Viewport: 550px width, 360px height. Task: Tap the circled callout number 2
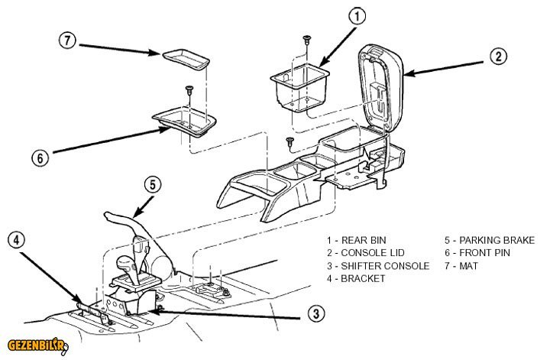497,56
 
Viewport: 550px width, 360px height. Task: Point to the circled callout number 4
16,239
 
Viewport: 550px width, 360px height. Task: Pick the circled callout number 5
152,184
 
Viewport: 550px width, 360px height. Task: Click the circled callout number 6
39,158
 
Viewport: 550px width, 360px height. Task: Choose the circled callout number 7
68,41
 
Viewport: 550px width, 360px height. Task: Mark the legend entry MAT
466,265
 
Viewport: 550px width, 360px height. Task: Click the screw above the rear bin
306,37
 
